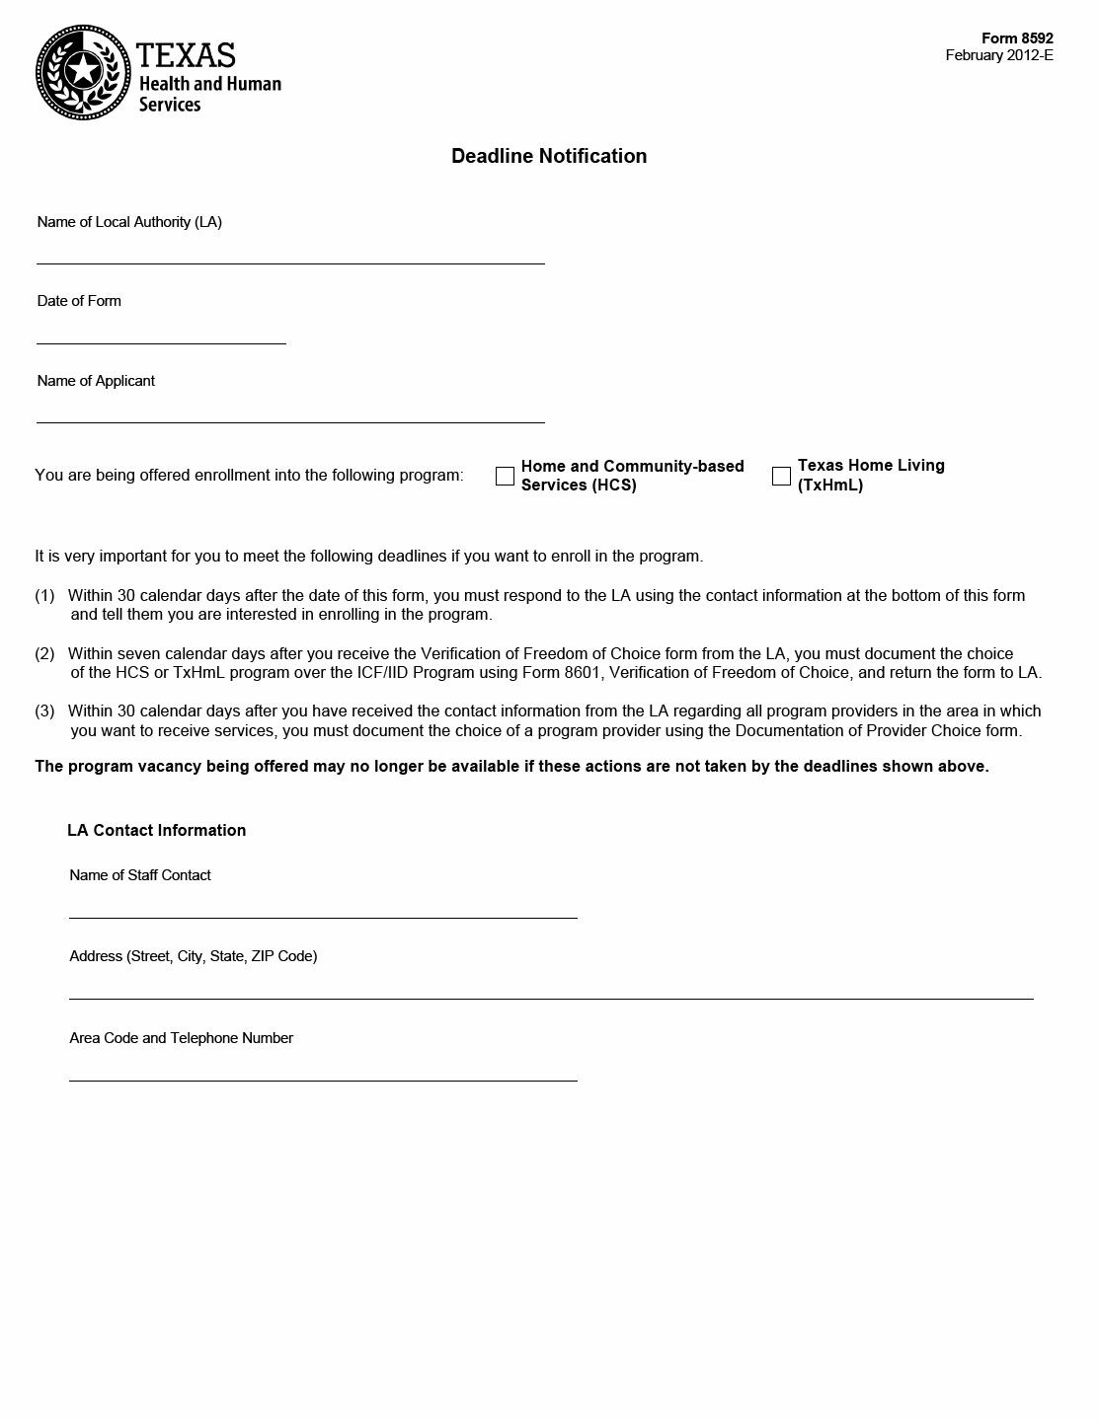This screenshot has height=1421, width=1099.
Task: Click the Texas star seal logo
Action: pos(83,72)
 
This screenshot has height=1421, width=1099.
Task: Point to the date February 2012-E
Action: pos(999,55)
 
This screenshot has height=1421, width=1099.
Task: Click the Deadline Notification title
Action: pos(549,156)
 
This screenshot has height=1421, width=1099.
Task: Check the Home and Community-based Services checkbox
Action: pos(505,476)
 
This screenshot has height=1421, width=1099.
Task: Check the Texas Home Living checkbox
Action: pos(781,476)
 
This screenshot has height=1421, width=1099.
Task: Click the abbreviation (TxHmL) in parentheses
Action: pos(830,486)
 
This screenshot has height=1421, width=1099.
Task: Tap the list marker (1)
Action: pos(44,595)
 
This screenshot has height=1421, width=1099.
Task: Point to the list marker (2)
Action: pos(44,653)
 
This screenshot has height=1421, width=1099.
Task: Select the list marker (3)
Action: pos(44,711)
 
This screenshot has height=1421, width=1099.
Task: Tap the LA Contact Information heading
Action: pos(156,830)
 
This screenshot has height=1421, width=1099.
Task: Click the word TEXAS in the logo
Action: pos(186,54)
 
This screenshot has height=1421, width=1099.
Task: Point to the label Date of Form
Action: pos(79,301)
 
